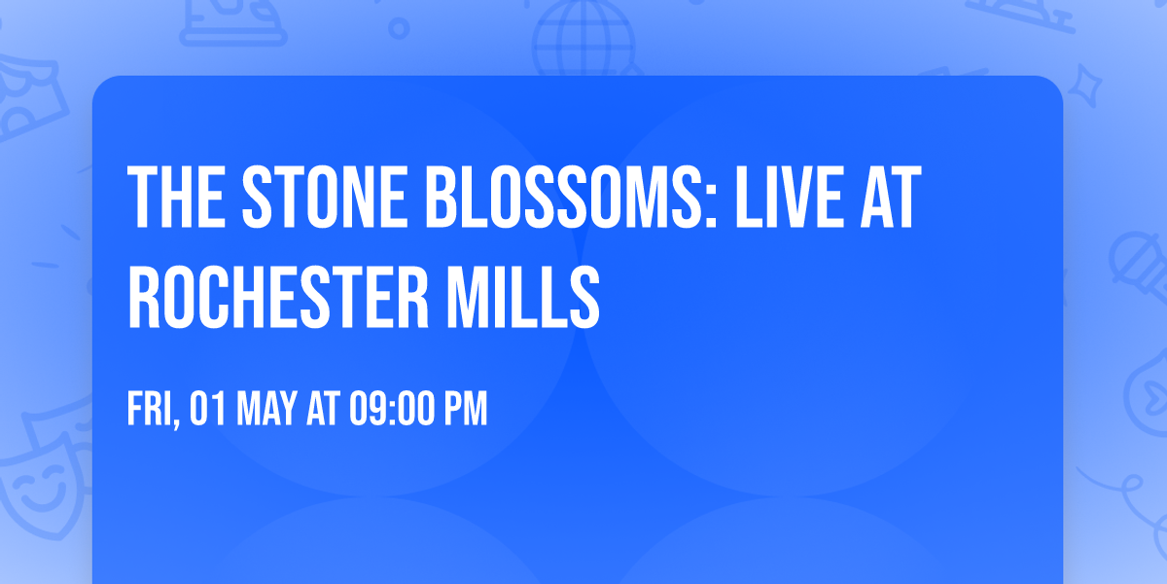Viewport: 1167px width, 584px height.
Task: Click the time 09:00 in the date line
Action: pos(387,410)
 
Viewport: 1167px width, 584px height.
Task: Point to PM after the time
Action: pos(464,410)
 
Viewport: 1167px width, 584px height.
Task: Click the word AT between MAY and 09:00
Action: pos(321,410)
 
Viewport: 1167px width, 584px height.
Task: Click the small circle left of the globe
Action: pos(398,28)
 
